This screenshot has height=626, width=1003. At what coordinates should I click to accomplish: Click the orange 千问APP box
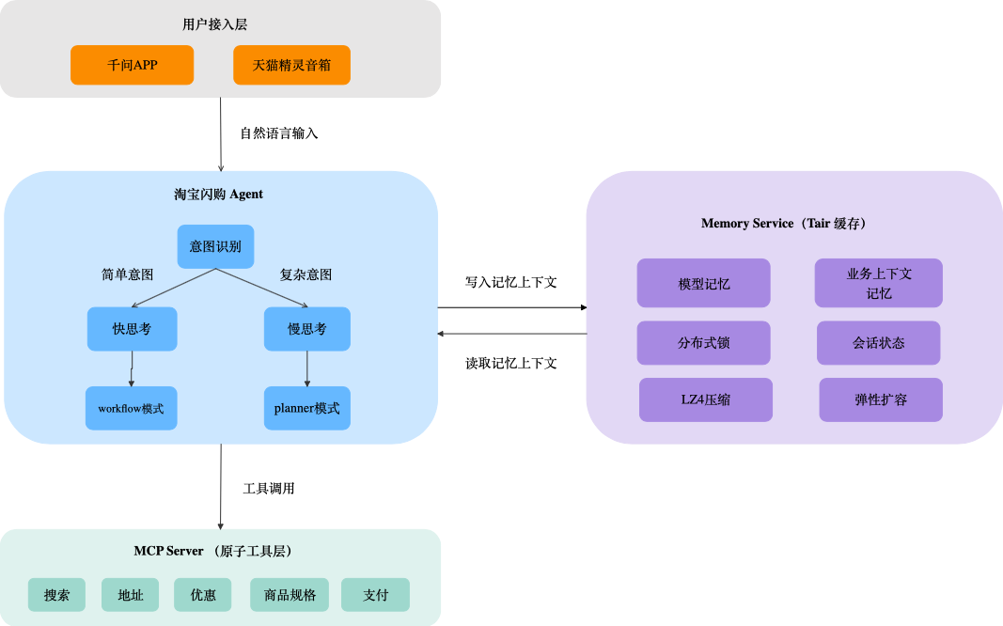tap(133, 65)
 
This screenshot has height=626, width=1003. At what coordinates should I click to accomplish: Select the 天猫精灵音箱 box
tap(291, 65)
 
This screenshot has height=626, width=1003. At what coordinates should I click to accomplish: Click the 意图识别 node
tap(215, 246)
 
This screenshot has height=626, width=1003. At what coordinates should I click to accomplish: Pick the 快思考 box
tap(132, 329)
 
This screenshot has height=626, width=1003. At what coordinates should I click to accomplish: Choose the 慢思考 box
tap(307, 329)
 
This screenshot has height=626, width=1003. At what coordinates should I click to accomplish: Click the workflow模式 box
tap(131, 409)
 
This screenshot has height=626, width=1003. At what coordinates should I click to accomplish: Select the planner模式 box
tap(307, 409)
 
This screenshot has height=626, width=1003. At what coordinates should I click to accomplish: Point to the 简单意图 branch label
tap(127, 275)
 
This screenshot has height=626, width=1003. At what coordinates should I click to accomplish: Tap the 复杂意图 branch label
tap(306, 275)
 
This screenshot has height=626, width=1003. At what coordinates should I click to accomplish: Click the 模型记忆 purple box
tap(703, 283)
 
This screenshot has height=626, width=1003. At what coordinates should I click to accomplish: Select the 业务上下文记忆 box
tap(878, 283)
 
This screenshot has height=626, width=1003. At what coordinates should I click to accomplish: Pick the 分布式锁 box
tap(703, 343)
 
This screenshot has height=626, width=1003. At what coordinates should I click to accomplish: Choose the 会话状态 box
tap(878, 343)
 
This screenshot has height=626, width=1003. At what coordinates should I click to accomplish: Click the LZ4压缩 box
tap(705, 399)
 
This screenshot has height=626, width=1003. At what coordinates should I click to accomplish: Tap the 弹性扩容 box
tap(880, 399)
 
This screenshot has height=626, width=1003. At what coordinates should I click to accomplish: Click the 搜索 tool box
tap(56, 595)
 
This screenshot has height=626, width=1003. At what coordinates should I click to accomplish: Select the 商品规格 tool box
tap(290, 595)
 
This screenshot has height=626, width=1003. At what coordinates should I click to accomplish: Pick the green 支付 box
tap(375, 595)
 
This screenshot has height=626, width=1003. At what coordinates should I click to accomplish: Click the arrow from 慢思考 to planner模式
tap(307, 368)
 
